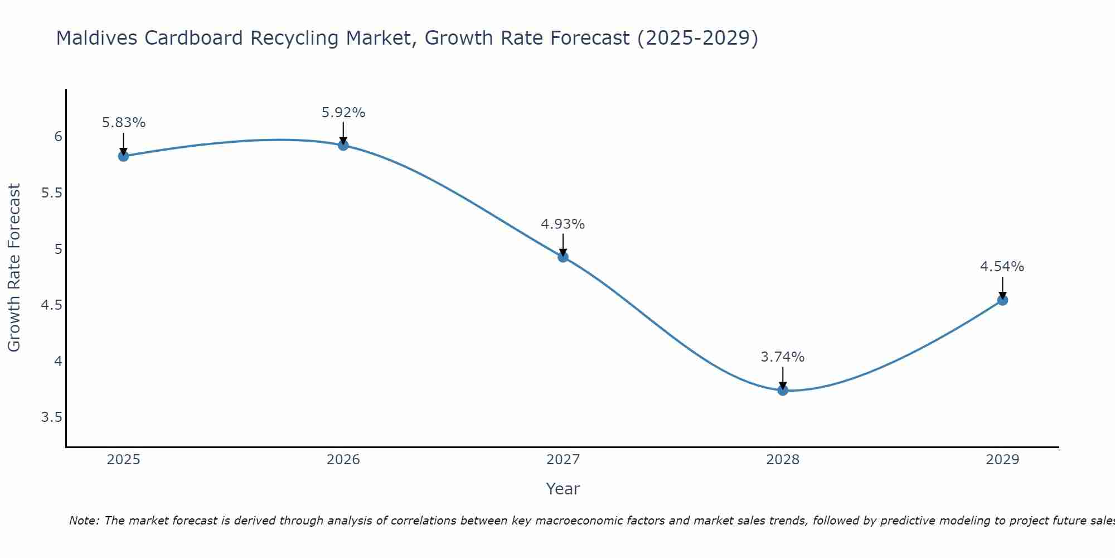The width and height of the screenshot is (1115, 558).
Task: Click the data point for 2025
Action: (123, 156)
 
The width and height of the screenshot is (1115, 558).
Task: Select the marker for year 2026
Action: (343, 145)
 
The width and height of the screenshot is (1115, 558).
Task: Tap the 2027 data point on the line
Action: (563, 257)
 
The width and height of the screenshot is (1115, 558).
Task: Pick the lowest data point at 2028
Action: (783, 390)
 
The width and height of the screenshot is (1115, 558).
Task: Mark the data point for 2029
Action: (1002, 300)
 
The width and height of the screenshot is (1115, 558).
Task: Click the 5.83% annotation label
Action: (123, 123)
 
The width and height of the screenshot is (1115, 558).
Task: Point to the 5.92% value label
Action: (343, 113)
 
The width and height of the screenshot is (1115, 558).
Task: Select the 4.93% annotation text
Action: (563, 224)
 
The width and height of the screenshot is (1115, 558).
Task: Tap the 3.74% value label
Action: (783, 357)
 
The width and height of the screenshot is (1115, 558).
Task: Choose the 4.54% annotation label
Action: (1002, 267)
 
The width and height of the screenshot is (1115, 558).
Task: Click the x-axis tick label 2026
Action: (343, 460)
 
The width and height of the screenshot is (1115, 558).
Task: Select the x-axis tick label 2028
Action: (783, 460)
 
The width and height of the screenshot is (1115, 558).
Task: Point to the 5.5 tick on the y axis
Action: (51, 193)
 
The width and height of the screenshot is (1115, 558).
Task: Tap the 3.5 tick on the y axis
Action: (51, 417)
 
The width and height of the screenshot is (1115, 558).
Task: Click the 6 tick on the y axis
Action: (58, 137)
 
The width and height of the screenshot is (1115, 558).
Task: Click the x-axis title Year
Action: (563, 489)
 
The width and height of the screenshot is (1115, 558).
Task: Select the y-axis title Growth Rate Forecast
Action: (14, 268)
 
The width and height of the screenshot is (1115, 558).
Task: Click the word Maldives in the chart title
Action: (95, 38)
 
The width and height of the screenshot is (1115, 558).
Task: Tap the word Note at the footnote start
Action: (84, 521)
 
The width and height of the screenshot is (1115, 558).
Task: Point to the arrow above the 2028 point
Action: (783, 377)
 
